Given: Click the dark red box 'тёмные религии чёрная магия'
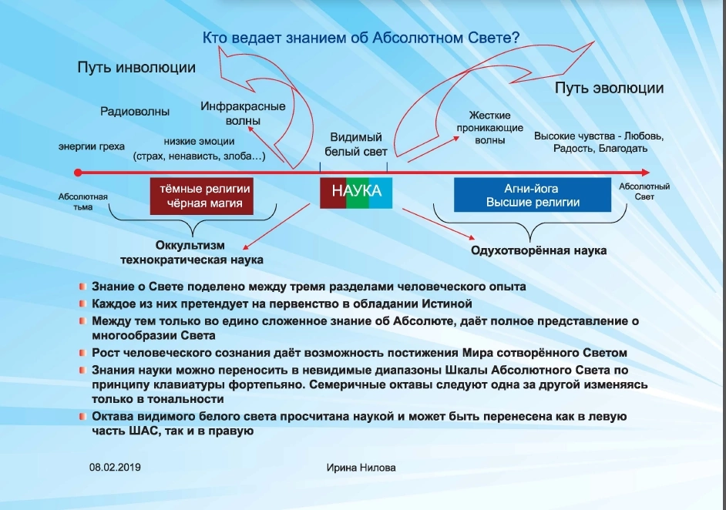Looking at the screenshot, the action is (201, 196).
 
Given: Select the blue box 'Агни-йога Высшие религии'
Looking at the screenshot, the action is (533, 195).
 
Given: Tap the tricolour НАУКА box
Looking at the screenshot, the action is (356, 193).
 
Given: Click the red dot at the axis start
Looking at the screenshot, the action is (78, 173).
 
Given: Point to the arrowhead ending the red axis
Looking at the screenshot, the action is (646, 173).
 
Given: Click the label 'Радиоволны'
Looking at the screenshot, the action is (135, 112).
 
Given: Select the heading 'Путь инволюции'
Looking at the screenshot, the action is (136, 68).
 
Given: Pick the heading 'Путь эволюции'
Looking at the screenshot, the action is (609, 88).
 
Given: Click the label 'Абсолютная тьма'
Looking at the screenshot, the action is (83, 202).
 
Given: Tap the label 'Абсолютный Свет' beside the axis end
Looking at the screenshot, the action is (644, 192).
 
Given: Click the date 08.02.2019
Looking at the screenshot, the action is (115, 467).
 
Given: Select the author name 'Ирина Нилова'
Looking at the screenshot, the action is (361, 468).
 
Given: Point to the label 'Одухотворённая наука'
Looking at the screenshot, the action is (539, 250).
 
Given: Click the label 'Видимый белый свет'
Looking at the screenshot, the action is (355, 144).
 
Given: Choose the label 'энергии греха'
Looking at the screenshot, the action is (91, 146).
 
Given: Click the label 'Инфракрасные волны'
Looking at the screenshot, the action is (243, 113).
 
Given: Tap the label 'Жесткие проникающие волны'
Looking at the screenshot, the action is (490, 128).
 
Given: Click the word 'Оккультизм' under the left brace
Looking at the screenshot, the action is (190, 245).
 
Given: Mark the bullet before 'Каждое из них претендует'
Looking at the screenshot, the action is (82, 304).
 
